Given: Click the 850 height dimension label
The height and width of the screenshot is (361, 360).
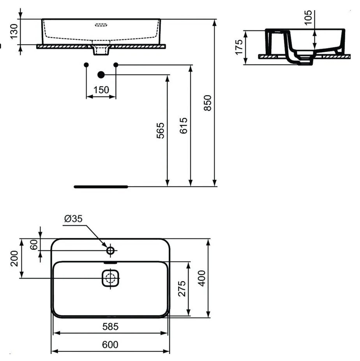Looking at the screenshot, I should (x=208, y=103).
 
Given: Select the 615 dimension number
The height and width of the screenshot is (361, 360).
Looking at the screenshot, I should (x=184, y=125).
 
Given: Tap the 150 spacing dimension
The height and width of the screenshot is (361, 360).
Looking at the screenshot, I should (x=101, y=90).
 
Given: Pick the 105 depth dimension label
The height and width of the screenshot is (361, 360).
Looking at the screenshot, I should (x=308, y=18).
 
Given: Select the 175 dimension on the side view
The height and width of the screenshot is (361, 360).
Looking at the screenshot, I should (x=239, y=47).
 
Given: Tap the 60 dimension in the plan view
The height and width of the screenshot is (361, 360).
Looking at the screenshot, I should (x=34, y=244).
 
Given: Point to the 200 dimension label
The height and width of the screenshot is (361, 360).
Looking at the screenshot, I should (x=14, y=258).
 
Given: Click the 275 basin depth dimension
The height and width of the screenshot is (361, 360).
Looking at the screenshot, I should (x=182, y=288).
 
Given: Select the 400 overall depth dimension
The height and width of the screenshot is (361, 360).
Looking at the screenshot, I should (x=201, y=278).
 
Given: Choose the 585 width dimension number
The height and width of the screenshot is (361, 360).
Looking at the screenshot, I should (x=110, y=326).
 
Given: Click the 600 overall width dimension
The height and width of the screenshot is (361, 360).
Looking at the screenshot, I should (x=110, y=345).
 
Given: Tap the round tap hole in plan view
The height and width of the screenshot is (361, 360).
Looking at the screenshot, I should (x=110, y=250).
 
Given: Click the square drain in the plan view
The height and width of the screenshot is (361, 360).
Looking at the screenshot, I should (x=110, y=278).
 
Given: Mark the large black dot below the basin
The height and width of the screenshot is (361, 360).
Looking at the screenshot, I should (x=101, y=74).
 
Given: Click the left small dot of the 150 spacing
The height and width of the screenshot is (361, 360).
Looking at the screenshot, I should (x=86, y=64).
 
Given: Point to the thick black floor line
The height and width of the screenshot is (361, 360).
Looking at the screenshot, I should (x=101, y=187).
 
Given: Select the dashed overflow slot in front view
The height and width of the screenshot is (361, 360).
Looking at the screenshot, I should (x=101, y=26).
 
